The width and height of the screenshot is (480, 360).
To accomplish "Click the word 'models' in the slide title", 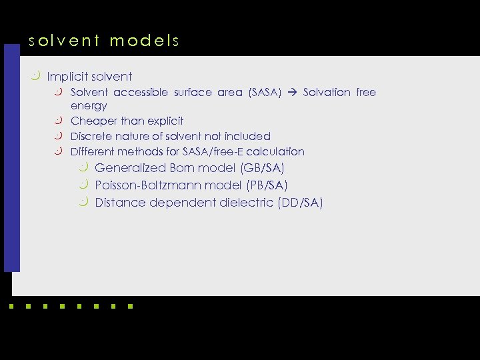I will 145,41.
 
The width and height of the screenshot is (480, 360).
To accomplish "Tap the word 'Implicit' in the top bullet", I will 66,77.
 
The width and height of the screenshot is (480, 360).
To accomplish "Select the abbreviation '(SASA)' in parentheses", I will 265,93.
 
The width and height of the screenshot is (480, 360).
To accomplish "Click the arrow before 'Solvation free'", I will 293,93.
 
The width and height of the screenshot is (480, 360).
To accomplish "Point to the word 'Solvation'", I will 327,93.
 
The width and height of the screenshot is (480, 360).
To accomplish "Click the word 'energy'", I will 89,106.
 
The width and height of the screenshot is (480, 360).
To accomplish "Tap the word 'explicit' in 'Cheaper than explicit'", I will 165,121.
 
